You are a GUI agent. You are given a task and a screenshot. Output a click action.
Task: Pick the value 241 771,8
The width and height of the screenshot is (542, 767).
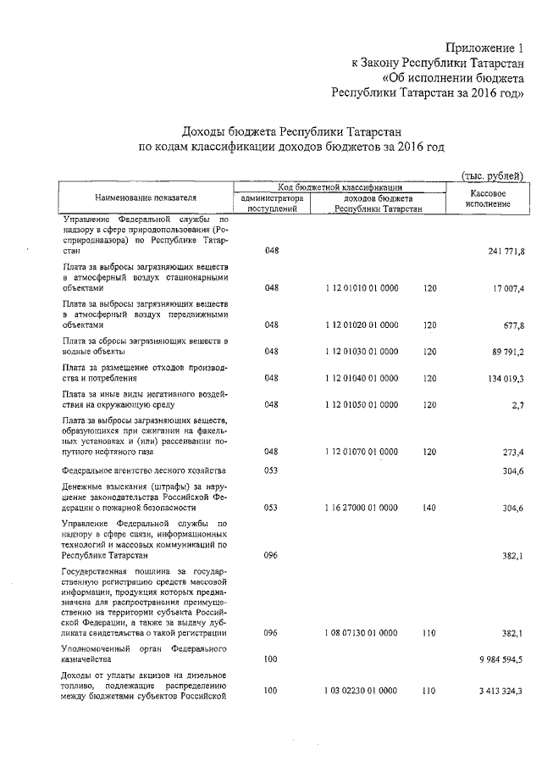[x=503, y=251]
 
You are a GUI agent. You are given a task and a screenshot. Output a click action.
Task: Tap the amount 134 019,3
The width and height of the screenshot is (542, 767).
[x=505, y=378]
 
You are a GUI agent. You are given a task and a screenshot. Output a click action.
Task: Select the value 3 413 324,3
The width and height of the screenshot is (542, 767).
[x=500, y=692]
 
